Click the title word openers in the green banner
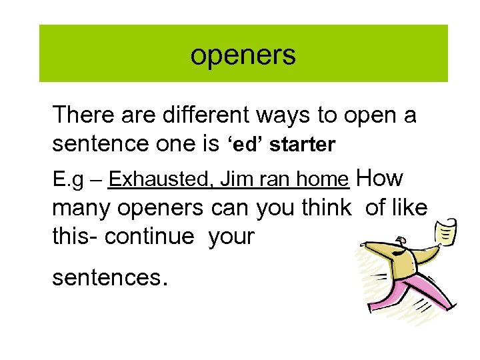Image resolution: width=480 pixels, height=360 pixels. click(243, 55)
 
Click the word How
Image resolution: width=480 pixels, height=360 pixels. click(380, 179)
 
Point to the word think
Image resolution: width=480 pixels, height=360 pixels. click(322, 207)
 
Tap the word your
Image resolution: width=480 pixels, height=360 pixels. click(231, 236)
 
